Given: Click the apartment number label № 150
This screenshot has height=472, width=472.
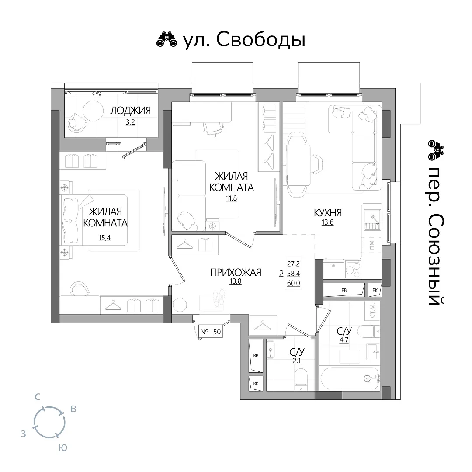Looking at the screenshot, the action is (x=211, y=332).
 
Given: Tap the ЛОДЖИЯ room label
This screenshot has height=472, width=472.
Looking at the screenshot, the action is (x=130, y=111).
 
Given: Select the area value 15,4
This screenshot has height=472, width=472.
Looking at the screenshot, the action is (x=105, y=238).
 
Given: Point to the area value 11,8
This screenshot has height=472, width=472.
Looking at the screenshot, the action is (x=232, y=198).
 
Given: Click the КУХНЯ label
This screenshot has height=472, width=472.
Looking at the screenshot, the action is (x=328, y=213).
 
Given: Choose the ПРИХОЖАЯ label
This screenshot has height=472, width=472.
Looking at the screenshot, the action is (x=236, y=272).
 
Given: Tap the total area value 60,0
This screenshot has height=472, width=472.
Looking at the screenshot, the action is (x=294, y=283).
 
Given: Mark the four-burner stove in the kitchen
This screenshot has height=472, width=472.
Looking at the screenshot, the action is (x=353, y=269).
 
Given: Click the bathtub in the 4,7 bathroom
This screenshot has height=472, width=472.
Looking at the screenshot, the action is (x=350, y=378).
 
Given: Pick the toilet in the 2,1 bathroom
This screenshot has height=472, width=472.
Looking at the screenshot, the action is (x=301, y=380).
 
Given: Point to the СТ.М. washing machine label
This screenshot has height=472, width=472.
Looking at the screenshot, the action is (x=372, y=310).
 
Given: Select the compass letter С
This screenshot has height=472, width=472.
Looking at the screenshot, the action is (x=37, y=397).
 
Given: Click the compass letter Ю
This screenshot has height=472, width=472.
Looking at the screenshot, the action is (x=62, y=448).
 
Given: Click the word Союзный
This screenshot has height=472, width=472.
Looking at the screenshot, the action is (x=435, y=260).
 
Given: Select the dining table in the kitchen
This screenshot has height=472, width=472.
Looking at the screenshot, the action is (x=298, y=165).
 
